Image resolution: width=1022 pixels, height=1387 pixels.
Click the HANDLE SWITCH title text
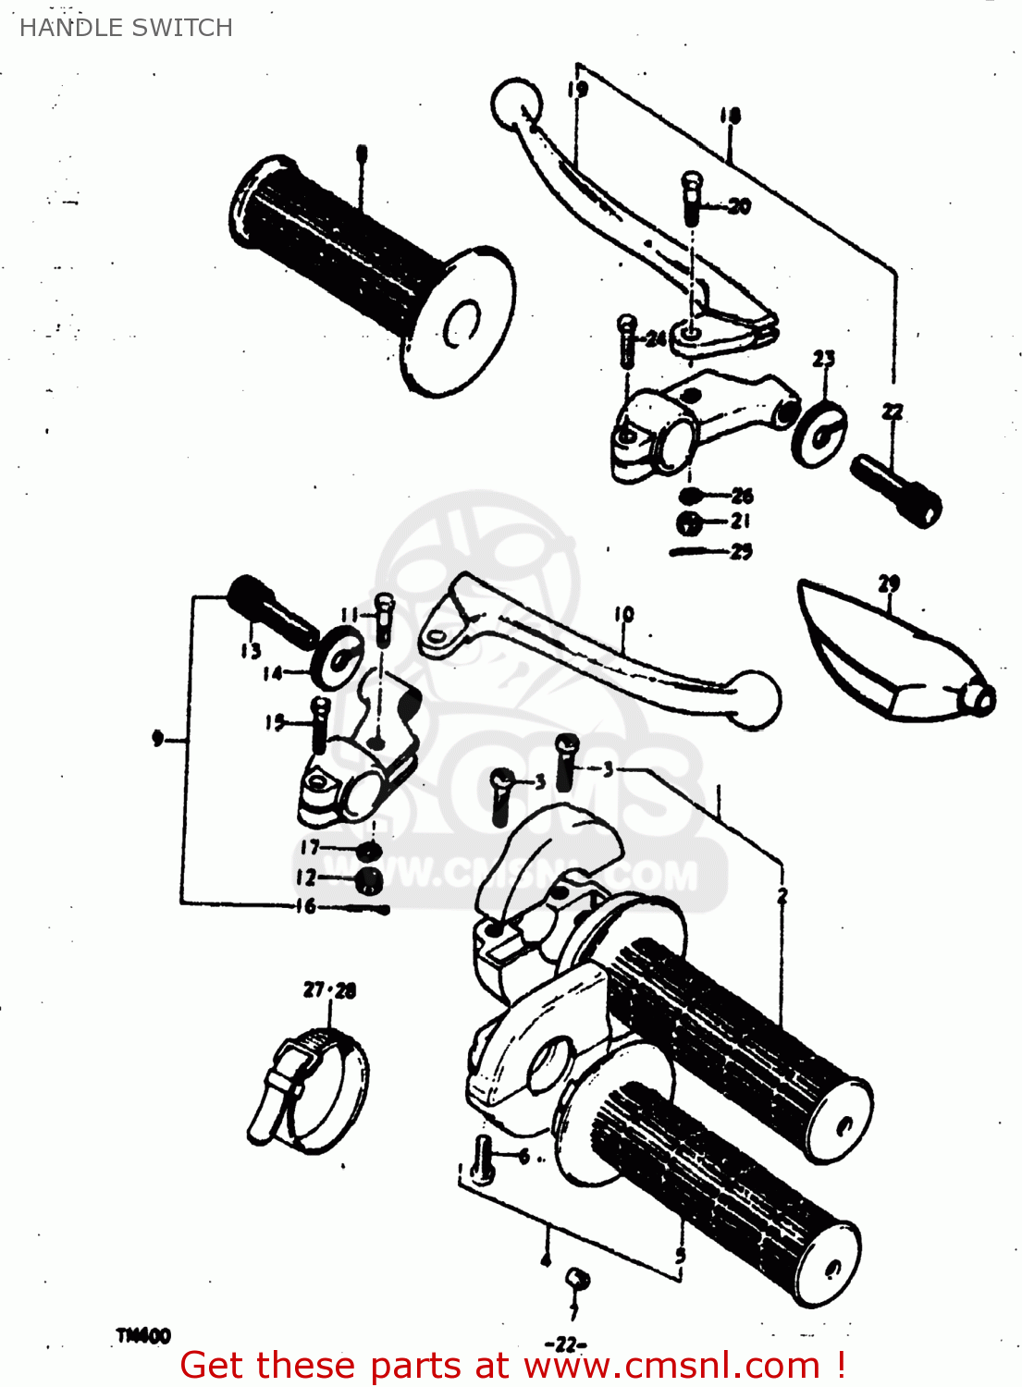(126, 28)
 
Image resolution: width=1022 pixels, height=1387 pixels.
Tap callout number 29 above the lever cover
(888, 583)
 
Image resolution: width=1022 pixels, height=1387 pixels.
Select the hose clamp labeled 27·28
(310, 1091)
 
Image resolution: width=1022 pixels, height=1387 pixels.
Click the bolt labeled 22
(894, 489)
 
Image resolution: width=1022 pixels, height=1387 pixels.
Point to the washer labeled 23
(819, 432)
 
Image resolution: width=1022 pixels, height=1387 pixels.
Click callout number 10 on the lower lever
(624, 614)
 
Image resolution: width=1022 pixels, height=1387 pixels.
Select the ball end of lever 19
(515, 104)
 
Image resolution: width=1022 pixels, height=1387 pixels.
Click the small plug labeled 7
(577, 1280)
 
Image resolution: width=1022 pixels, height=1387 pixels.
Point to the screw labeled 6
(481, 1160)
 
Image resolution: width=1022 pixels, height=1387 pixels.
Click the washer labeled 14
(339, 654)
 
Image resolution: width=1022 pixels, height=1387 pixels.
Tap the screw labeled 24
(626, 339)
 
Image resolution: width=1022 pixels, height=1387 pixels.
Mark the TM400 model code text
(143, 1335)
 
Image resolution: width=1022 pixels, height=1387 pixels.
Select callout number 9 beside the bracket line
(158, 739)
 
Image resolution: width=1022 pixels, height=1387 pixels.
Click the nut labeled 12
(368, 880)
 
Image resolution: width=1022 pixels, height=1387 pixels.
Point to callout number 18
(730, 116)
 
